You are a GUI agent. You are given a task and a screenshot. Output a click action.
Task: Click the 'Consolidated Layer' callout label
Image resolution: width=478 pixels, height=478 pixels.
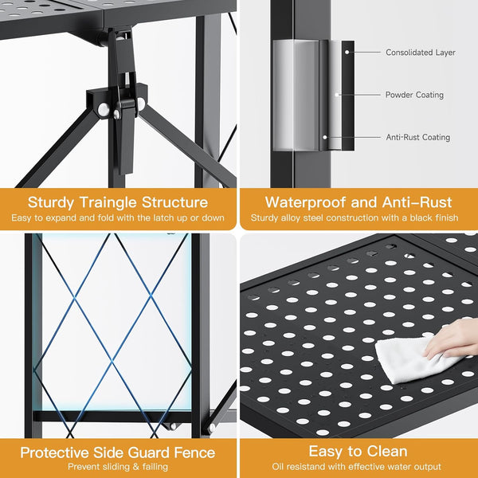pos(420,53)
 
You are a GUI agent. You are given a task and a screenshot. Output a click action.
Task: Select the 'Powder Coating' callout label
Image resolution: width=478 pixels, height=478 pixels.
pos(415,95)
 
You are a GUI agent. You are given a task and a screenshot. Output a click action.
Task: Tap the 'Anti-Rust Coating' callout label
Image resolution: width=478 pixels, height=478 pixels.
pos(417,137)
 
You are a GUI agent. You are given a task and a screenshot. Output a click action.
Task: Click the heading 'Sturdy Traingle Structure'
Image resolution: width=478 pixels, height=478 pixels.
pos(118,202)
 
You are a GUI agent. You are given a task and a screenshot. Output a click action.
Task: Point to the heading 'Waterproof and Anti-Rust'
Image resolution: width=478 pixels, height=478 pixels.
pos(358,202)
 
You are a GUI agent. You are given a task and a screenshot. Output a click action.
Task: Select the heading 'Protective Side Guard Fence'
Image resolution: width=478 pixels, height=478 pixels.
pos(118,453)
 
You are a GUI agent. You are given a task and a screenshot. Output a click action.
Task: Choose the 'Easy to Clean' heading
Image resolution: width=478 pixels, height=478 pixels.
pos(358,451)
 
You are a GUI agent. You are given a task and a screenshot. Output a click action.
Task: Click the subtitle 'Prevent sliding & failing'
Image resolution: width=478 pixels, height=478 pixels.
pos(118,467)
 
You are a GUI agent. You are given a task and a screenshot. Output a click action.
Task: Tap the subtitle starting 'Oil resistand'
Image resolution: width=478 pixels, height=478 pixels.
pos(358,467)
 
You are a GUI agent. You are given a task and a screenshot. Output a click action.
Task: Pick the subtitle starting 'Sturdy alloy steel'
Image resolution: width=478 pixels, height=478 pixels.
pos(358,217)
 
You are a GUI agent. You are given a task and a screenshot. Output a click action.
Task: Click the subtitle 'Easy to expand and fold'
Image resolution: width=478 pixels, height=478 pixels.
pos(118,217)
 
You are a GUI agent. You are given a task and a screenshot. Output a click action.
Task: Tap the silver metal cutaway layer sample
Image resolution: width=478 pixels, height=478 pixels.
pos(299,95)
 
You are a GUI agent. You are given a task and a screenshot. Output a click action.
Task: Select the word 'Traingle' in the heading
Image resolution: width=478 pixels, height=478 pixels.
pos(118,202)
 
